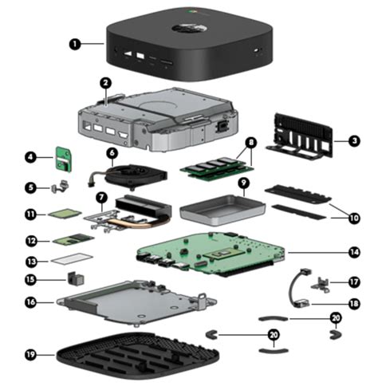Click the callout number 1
75,44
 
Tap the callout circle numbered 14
354,252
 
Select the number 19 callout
31,355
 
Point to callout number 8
251,143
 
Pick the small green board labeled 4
64,159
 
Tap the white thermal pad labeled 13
72,258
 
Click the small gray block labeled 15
76,279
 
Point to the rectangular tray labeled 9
222,210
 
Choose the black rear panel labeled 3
300,136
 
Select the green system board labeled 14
211,254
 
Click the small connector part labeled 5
60,186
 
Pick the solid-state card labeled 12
73,239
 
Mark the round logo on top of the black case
189,29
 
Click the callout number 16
31,302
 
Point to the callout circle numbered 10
354,219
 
